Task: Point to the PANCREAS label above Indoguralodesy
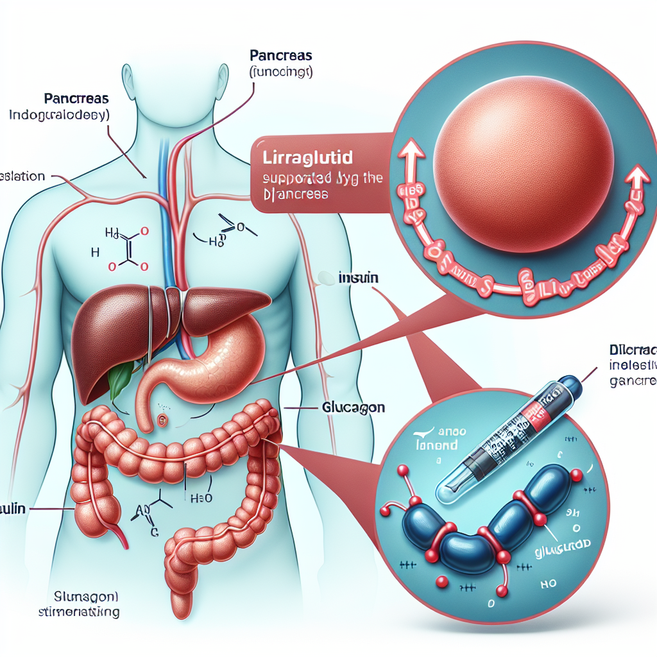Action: (x=76, y=99)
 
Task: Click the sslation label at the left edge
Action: (x=22, y=176)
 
